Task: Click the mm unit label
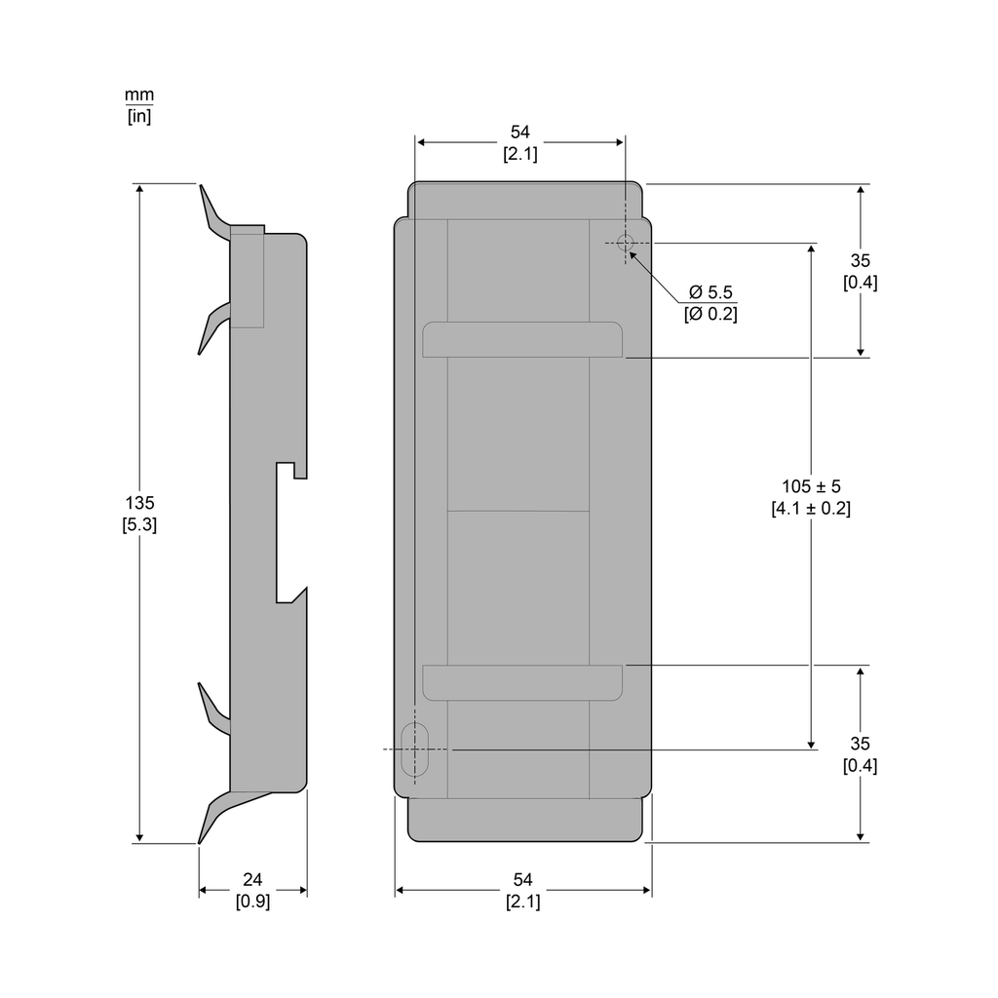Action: coord(139,96)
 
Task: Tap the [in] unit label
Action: coord(139,116)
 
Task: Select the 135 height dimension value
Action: coord(139,503)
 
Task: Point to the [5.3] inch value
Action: coord(139,524)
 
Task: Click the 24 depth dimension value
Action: coord(252,880)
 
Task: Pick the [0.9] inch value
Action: coord(252,902)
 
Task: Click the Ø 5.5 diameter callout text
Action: coord(710,292)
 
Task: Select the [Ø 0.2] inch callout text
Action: coord(710,314)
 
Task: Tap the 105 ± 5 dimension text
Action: coord(811,485)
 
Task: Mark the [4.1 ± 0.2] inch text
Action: coord(811,508)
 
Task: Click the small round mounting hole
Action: coord(626,243)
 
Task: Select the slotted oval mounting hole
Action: coord(415,749)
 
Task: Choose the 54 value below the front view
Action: coord(522,880)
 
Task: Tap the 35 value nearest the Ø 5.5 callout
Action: coord(860,260)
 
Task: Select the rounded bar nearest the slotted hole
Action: coord(522,683)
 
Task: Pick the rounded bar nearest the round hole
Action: coord(522,339)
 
